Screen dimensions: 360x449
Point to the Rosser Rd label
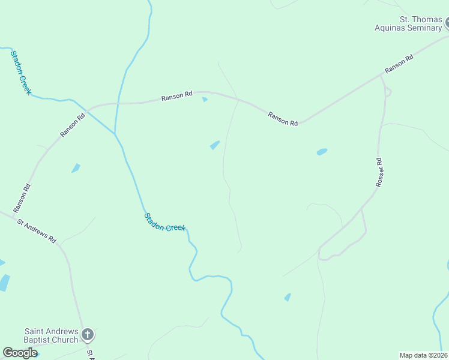coord(379,172)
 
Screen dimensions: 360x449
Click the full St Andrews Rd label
coord(36,230)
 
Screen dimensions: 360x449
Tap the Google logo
coord(20,353)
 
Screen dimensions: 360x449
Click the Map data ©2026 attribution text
coord(423,355)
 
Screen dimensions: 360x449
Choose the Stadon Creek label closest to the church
coord(165,221)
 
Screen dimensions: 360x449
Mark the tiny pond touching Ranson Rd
coord(205,99)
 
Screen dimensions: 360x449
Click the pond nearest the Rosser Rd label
coord(322,152)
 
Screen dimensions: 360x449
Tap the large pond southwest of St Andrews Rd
coord(4,282)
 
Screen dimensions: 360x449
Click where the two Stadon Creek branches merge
coord(115,133)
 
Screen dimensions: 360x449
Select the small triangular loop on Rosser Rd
coord(388,92)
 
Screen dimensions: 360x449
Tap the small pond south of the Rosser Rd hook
coord(288,297)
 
